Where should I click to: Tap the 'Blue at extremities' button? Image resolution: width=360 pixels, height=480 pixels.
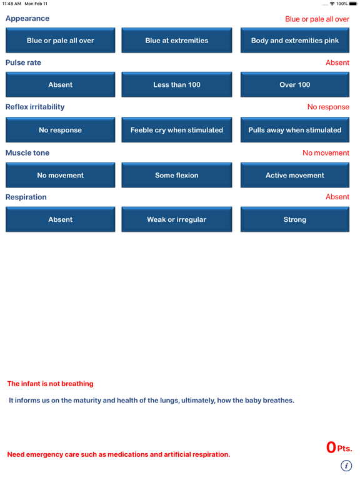[177, 41]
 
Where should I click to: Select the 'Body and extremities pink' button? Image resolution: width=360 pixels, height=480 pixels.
[294, 41]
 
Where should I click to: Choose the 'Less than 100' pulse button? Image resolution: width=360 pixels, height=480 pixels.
[177, 85]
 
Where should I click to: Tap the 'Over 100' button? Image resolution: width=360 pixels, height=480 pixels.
[294, 85]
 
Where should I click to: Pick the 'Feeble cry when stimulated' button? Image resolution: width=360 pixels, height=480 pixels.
[177, 130]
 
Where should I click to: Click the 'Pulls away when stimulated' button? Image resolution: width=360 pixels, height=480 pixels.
[294, 130]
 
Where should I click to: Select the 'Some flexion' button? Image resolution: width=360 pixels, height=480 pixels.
[177, 176]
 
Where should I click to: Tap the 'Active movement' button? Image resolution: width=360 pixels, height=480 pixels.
[294, 176]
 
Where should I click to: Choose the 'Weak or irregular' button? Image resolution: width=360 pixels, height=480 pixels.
[177, 220]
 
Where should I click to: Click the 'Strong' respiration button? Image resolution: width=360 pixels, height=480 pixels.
[294, 220]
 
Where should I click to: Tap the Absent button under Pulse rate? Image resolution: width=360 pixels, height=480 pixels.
[61, 85]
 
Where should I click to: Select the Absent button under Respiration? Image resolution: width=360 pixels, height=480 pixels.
[61, 220]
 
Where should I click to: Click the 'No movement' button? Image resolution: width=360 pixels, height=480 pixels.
[61, 176]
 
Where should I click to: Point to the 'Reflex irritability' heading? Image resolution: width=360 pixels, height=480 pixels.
[35, 107]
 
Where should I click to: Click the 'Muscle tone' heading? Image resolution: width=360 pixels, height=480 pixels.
[27, 152]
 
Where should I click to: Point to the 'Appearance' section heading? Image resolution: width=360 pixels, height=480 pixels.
[27, 19]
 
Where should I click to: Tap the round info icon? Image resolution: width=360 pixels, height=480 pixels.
[346, 466]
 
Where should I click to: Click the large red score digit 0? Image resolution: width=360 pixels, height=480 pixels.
[331, 447]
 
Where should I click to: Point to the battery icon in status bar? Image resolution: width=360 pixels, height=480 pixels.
[353, 4]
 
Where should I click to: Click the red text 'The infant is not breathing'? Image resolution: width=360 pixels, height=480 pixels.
[51, 384]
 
